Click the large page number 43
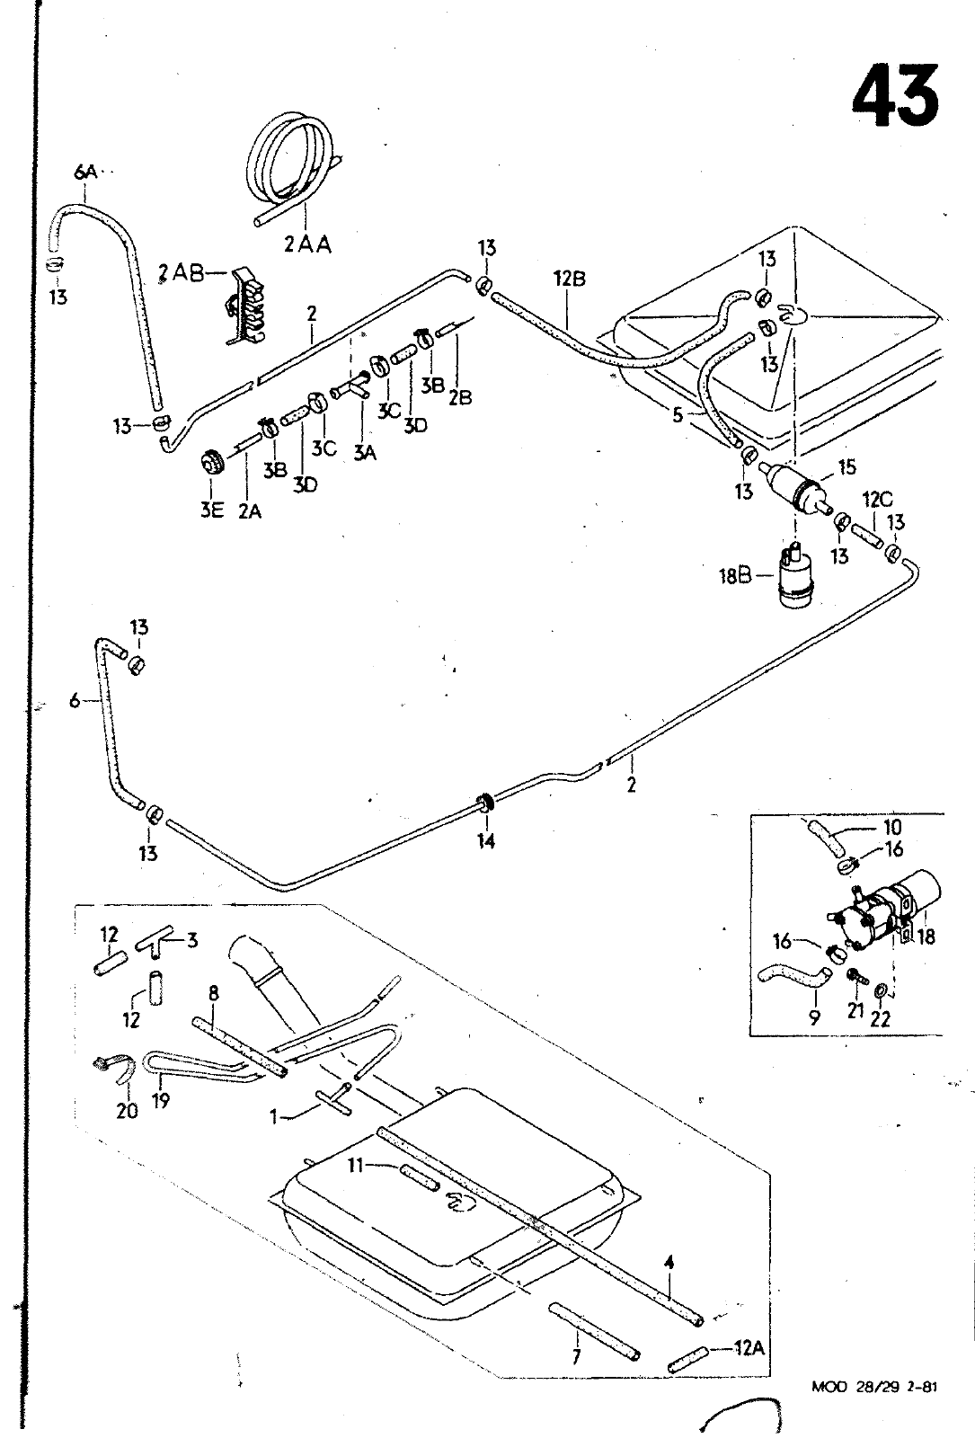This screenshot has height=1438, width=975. click(895, 94)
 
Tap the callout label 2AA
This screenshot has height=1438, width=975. click(307, 244)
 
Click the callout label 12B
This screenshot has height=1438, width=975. click(569, 279)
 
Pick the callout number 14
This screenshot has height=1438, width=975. click(486, 842)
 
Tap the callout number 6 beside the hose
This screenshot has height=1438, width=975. click(75, 702)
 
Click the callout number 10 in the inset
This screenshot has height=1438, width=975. click(892, 827)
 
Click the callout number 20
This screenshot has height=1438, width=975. click(127, 1111)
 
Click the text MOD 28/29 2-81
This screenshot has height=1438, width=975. click(874, 1411)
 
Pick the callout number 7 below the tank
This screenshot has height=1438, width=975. click(576, 1356)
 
